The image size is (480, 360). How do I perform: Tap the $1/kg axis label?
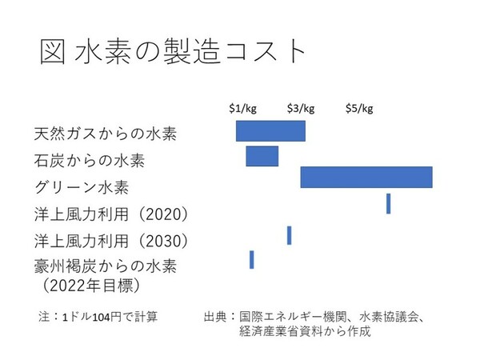pyautogui.click(x=243, y=109)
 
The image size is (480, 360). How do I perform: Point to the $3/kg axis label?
pyautogui.click(x=301, y=109)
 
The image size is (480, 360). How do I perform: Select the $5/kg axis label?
pyautogui.click(x=359, y=109)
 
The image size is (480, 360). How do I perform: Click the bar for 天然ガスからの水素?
pyautogui.click(x=270, y=131)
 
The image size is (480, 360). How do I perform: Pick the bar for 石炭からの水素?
pyautogui.click(x=262, y=156)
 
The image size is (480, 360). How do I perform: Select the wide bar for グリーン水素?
pyautogui.click(x=366, y=178)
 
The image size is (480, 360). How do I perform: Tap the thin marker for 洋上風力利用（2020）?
pyautogui.click(x=388, y=203)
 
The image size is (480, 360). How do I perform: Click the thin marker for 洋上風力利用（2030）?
pyautogui.click(x=289, y=235)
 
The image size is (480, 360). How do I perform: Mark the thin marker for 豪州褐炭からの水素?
pyautogui.click(x=251, y=259)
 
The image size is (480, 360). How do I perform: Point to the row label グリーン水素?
pyautogui.click(x=82, y=188)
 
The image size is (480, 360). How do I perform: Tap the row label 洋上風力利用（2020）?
pyautogui.click(x=111, y=214)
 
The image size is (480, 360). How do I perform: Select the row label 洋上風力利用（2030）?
pyautogui.click(x=111, y=241)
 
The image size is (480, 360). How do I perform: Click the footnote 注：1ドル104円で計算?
pyautogui.click(x=98, y=317)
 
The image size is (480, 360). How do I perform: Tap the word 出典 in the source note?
pyautogui.click(x=217, y=317)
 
